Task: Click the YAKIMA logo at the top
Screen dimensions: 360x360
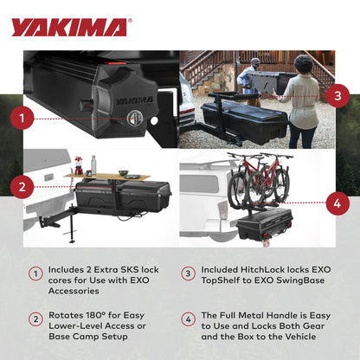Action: pyautogui.click(x=70, y=27)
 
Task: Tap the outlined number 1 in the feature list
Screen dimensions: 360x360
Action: pyautogui.click(x=35, y=274)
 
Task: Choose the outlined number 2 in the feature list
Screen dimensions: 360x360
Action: pyautogui.click(x=35, y=318)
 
